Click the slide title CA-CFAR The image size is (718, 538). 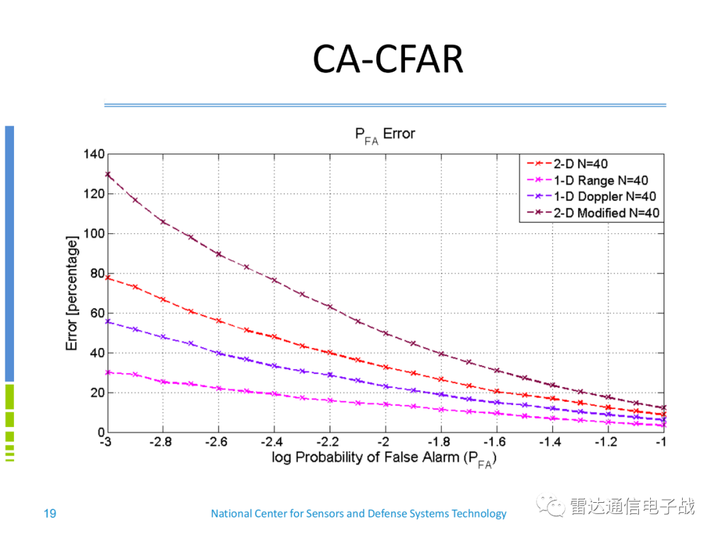point(388,60)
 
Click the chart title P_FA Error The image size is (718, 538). point(385,135)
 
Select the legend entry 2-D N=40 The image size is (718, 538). point(578,163)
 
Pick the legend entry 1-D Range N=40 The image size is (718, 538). point(598,180)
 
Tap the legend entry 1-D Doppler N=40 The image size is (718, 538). point(602,196)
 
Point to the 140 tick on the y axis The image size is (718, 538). point(94,154)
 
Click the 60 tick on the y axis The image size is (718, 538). point(97,313)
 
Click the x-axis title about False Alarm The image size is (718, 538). point(384,458)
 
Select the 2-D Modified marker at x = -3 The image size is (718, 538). point(107,175)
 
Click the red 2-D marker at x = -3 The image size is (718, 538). point(107,278)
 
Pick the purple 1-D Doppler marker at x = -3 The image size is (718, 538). point(107,321)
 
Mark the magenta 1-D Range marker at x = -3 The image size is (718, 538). point(107,372)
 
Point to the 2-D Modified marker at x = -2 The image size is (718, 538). point(386,333)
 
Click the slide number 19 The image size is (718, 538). point(49,513)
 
